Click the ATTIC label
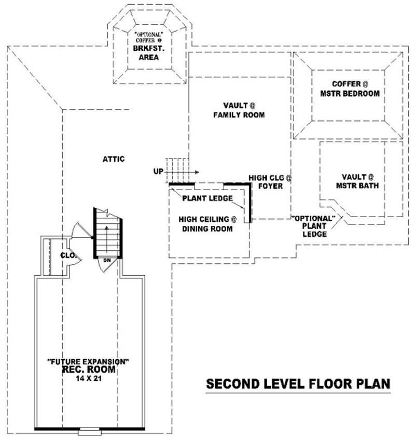[113, 159]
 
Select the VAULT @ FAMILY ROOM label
[239, 110]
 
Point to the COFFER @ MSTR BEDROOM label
[356, 89]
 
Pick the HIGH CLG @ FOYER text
[270, 181]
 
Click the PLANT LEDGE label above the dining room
[207, 198]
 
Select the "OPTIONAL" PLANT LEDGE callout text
[315, 226]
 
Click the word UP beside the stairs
[159, 171]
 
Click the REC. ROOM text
[89, 370]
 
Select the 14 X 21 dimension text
[89, 378]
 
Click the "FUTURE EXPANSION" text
[88, 361]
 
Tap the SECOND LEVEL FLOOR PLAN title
[298, 384]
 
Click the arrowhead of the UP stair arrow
[198, 171]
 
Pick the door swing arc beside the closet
[78, 228]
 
